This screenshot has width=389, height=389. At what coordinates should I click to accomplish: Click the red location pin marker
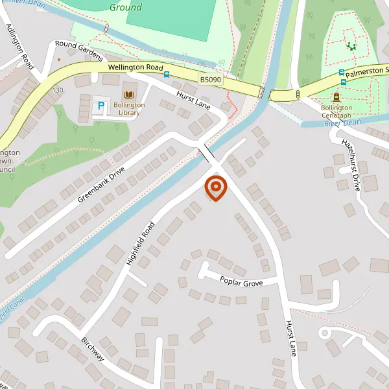click(215, 188)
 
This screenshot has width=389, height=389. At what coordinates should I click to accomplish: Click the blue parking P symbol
click(100, 104)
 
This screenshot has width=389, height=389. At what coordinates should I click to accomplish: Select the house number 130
click(59, 89)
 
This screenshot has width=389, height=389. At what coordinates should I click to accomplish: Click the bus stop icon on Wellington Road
click(167, 75)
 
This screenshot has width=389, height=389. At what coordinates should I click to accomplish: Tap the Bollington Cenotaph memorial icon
click(336, 97)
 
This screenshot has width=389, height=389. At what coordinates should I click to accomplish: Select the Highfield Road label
click(140, 244)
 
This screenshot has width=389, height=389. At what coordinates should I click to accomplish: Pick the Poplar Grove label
click(241, 283)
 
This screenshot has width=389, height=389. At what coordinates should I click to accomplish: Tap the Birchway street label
click(93, 349)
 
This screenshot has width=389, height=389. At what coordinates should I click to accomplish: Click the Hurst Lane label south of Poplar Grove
click(291, 338)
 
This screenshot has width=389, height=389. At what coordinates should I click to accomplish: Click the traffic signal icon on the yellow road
click(298, 95)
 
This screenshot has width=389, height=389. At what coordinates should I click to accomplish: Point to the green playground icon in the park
click(352, 46)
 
